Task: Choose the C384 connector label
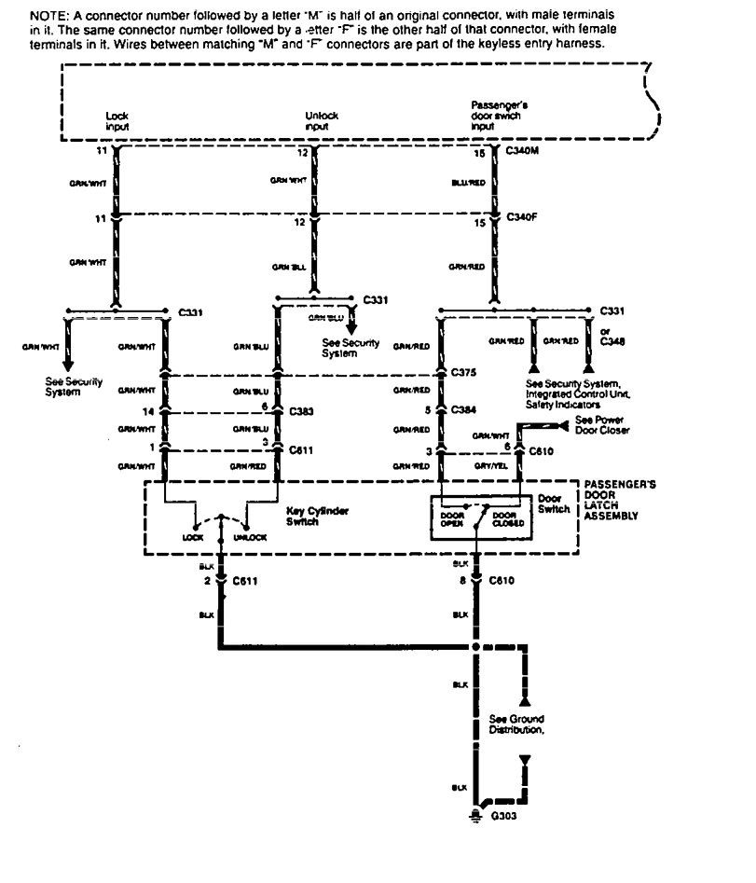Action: [x=464, y=410]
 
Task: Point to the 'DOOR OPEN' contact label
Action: [x=452, y=518]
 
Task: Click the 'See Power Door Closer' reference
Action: [x=603, y=426]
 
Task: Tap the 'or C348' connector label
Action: [x=612, y=338]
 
